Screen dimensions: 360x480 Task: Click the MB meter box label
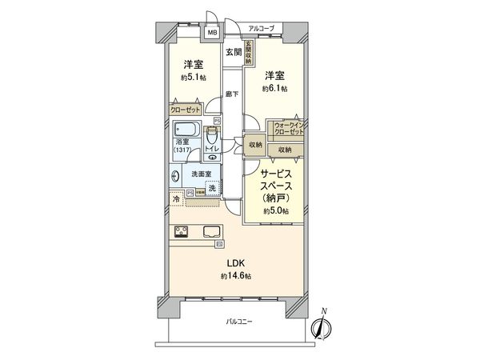click(x=213, y=34)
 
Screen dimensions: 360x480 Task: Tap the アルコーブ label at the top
click(x=261, y=29)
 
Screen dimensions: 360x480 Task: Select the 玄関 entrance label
click(x=232, y=53)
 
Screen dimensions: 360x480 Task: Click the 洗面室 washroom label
click(x=201, y=174)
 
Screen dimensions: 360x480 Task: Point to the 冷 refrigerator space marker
click(x=175, y=197)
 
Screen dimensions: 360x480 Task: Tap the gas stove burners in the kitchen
click(x=180, y=233)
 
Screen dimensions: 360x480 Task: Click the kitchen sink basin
click(x=214, y=233)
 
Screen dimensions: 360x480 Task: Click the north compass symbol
click(x=322, y=326)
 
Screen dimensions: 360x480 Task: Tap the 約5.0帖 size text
click(x=275, y=211)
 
